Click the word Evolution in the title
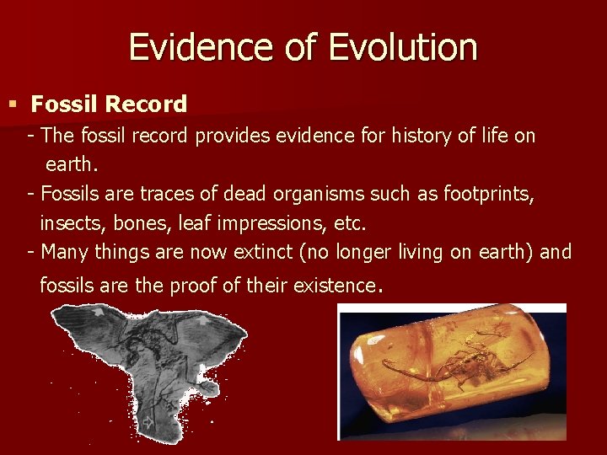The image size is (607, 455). [x=404, y=47]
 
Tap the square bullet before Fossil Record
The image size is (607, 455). [x=12, y=104]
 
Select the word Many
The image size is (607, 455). [x=64, y=252]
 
